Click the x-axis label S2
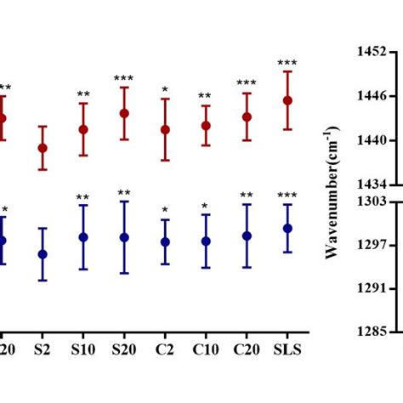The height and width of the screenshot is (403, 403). point(43,349)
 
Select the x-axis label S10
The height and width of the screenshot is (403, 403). point(83,349)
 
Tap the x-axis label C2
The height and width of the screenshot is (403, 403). point(165,349)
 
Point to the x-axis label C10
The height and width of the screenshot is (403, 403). point(206,349)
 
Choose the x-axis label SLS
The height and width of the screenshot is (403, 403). point(287,349)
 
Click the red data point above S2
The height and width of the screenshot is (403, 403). point(43,148)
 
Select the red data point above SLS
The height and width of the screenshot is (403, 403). point(287,100)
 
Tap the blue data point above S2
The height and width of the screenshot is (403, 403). point(43,254)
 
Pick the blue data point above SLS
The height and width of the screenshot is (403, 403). point(287,228)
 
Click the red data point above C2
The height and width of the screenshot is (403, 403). point(165,130)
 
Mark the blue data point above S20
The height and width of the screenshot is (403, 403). point(124,237)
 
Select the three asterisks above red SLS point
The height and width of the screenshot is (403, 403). point(287,63)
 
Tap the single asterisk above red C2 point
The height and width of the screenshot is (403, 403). point(165,89)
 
